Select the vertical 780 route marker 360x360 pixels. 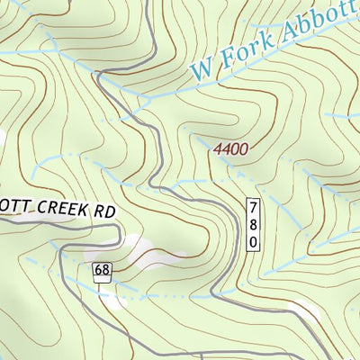coord(255,224)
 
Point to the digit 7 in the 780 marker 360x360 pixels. coord(255,207)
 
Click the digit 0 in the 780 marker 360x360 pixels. coord(255,242)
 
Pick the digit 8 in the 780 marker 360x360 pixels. coord(255,224)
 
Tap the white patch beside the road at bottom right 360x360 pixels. coord(306,310)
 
